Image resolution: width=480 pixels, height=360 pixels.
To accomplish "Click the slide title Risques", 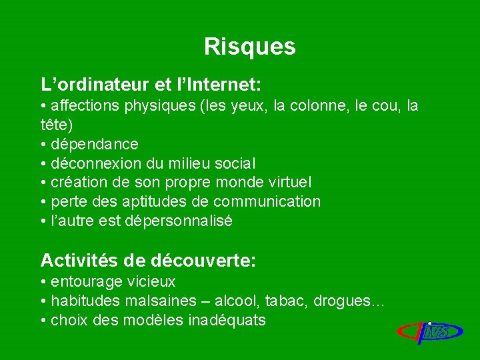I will click(249, 47).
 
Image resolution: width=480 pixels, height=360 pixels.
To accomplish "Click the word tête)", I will click(57, 125).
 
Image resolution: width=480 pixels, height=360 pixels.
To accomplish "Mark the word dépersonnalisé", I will click(179, 221).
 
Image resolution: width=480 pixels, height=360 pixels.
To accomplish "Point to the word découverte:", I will click(204, 260).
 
